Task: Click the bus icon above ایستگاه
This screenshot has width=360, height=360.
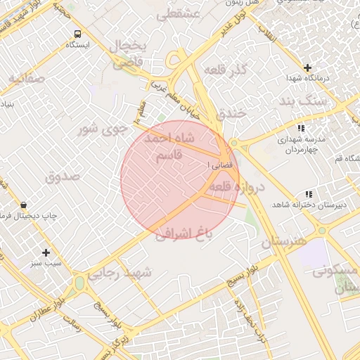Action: [77, 33]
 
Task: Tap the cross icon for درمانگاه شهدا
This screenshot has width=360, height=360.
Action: [308, 67]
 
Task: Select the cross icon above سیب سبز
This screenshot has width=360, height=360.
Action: [46, 252]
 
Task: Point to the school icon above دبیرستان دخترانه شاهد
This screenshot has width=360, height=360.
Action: [308, 194]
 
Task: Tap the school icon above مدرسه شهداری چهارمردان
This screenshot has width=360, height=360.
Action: [301, 128]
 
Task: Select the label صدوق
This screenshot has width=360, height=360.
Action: [64, 176]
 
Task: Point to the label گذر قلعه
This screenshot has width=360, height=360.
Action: [226, 70]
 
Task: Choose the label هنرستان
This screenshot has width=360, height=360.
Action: [284, 241]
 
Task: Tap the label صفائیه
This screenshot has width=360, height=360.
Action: [27, 79]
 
